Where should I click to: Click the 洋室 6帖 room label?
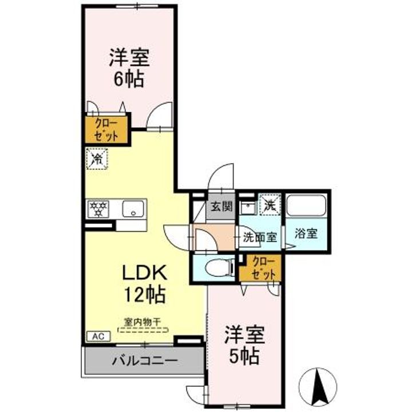[x=129, y=68]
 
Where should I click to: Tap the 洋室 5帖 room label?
[x=244, y=345]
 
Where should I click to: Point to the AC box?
[x=98, y=336]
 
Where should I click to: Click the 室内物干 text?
[x=142, y=322]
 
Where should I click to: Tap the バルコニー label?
[x=145, y=360]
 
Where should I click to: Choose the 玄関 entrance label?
[x=222, y=207]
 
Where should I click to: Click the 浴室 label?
[x=306, y=233]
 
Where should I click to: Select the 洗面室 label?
[x=260, y=237]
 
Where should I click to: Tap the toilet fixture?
[x=219, y=268]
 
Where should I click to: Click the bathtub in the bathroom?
[x=306, y=205]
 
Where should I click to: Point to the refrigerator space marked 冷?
[x=97, y=159]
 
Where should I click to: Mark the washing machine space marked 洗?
[x=270, y=205]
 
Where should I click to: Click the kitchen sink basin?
[x=133, y=209]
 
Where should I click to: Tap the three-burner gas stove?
[x=98, y=209]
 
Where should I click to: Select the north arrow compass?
[x=318, y=386]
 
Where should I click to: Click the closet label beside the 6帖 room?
[x=106, y=129]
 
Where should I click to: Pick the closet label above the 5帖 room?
[x=263, y=268]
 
